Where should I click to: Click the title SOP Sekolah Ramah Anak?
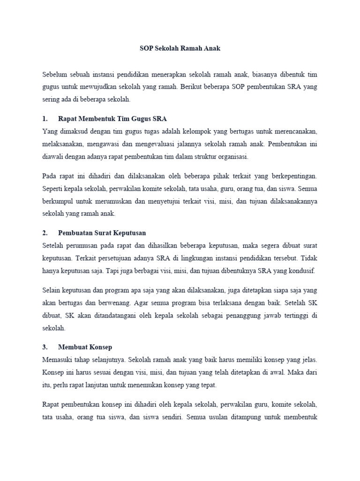click(180, 48)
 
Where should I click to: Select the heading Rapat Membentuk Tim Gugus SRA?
click(112, 118)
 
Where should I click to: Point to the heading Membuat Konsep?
click(85, 347)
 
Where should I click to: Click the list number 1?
click(45, 118)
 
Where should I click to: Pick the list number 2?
click(45, 233)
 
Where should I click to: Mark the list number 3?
click(45, 347)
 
